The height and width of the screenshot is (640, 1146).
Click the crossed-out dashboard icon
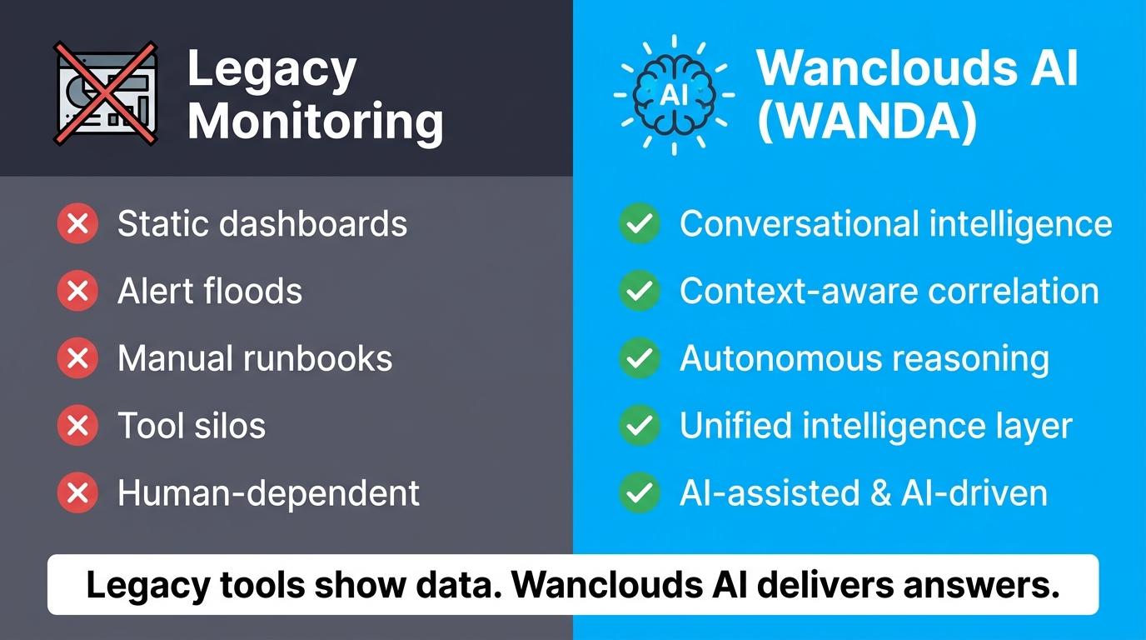(106, 93)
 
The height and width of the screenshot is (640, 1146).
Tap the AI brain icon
(674, 95)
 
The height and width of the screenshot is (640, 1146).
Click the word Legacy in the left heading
(272, 70)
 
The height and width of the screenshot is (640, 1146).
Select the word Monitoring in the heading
(315, 121)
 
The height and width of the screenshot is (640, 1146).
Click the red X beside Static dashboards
(77, 223)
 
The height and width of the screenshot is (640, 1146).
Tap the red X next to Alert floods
(77, 291)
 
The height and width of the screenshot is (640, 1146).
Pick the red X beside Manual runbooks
(77, 357)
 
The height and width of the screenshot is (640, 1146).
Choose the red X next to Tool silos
(77, 426)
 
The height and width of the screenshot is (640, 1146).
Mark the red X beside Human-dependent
(77, 493)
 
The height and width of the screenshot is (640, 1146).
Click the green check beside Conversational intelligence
(639, 223)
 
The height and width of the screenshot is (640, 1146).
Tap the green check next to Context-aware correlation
(639, 291)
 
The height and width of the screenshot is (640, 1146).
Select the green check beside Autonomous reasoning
(639, 357)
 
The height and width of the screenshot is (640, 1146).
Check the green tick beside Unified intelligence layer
(639, 426)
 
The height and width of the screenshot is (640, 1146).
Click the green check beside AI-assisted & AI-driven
(639, 493)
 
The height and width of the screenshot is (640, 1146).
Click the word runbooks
(317, 357)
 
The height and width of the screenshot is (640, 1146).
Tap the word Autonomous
(780, 357)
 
